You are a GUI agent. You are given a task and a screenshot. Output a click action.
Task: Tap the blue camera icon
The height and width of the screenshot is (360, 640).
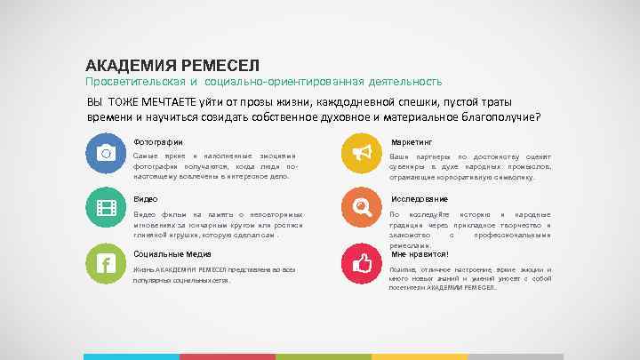pos(106,153)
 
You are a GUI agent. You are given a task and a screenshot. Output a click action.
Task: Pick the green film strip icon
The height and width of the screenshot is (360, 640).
pos(106,208)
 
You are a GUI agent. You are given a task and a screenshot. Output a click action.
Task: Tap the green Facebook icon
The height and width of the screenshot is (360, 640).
pos(106,264)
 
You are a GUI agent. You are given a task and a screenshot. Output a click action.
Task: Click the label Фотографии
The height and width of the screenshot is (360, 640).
pos(158,141)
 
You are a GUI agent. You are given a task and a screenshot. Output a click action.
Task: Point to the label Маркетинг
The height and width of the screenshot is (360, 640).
pos(411,141)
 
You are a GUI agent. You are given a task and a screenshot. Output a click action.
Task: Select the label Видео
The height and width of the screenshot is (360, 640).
pos(145,199)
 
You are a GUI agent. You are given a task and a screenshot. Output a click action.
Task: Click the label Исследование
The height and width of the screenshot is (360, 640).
pos(419,199)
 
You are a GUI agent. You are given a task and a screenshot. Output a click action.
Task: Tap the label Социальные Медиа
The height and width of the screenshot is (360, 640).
pos(166,254)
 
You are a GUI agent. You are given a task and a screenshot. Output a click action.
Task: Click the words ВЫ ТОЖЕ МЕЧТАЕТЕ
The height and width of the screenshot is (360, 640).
pos(132,101)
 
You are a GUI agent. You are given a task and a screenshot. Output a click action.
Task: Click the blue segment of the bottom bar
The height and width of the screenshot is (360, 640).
pos(131,356)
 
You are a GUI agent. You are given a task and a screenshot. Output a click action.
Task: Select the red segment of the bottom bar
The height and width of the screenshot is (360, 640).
pos(227,356)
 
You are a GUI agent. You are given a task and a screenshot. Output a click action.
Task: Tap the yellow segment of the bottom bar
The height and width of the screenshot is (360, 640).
pos(419,356)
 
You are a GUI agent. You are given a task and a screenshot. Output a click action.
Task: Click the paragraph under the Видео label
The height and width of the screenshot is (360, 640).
pos(218,225)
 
